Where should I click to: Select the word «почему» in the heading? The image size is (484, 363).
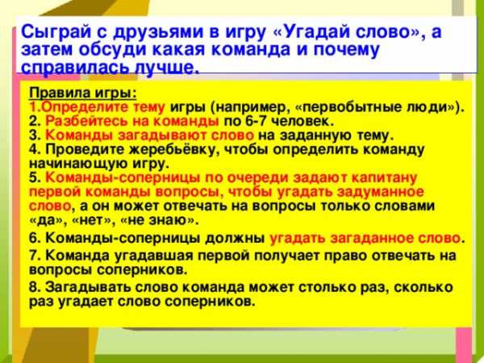(346, 50)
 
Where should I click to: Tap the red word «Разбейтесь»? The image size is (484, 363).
(86, 122)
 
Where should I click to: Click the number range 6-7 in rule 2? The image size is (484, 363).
(255, 121)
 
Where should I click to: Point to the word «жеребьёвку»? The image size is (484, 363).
(174, 150)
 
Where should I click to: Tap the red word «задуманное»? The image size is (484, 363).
(380, 192)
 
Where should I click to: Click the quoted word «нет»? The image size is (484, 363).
(93, 220)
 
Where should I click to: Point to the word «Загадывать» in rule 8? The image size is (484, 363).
(89, 287)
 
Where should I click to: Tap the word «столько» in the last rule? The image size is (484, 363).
(328, 287)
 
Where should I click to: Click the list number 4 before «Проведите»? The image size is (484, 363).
(33, 150)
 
